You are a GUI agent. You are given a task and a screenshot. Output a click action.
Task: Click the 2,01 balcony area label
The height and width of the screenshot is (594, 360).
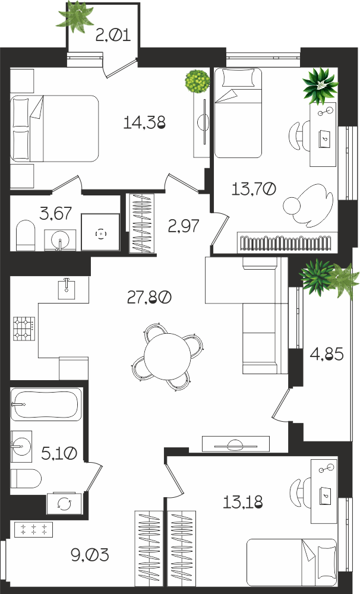tap(113, 36)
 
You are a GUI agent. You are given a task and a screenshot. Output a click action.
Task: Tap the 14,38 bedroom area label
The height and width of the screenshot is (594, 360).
tap(145, 122)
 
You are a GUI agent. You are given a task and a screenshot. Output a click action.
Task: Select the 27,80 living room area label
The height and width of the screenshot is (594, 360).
tap(149, 298)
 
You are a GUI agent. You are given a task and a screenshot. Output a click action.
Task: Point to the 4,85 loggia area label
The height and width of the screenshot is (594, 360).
tap(327, 354)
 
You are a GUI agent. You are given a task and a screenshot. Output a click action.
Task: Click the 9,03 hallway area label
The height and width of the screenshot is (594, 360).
tap(90, 555)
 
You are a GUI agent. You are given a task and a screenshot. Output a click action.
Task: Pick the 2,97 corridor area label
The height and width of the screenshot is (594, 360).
tap(184, 226)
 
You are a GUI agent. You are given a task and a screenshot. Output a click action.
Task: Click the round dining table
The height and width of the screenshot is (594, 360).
tap(168, 356)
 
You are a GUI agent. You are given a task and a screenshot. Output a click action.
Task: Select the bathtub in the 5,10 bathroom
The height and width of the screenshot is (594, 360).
tap(46, 404)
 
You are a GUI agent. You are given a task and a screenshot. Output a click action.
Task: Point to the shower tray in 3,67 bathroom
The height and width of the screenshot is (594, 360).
tap(101, 232)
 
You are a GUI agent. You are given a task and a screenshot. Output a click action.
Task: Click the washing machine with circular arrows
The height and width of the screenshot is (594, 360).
tap(64, 503)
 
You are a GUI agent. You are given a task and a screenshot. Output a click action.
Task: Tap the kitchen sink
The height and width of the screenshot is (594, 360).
tap(67, 289)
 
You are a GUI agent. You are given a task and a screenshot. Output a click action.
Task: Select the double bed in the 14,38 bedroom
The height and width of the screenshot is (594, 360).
tap(55, 129)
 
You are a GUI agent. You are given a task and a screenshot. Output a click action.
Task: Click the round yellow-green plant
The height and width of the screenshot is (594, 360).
tap(197, 81)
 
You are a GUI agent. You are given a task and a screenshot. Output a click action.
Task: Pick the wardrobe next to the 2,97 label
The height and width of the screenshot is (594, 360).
tap(142, 223)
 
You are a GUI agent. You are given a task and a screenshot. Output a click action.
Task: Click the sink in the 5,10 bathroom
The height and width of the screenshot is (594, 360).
tap(21, 447)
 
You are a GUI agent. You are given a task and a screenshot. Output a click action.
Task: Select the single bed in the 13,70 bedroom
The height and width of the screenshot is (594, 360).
tap(238, 113)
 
